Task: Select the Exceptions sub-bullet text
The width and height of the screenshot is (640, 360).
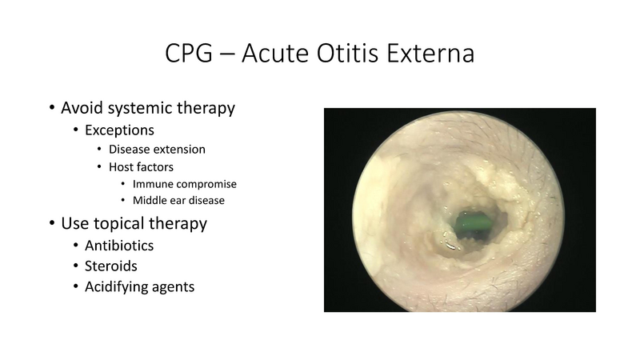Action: pyautogui.click(x=119, y=129)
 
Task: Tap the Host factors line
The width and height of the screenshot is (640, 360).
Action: pyautogui.click(x=142, y=166)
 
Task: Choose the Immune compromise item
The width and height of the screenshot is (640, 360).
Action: pyautogui.click(x=185, y=184)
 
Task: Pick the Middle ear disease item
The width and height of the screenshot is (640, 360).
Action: pyautogui.click(x=185, y=200)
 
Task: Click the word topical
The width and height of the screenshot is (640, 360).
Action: pyautogui.click(x=118, y=223)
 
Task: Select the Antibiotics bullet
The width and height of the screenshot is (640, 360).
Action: pyautogui.click(x=119, y=245)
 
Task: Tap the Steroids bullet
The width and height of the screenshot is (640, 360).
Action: pyautogui.click(x=110, y=265)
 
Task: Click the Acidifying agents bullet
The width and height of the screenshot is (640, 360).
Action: pyautogui.click(x=139, y=286)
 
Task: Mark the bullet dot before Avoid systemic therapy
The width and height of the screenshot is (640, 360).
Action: pyautogui.click(x=52, y=108)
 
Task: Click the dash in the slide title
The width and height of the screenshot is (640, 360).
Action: pyautogui.click(x=234, y=56)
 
